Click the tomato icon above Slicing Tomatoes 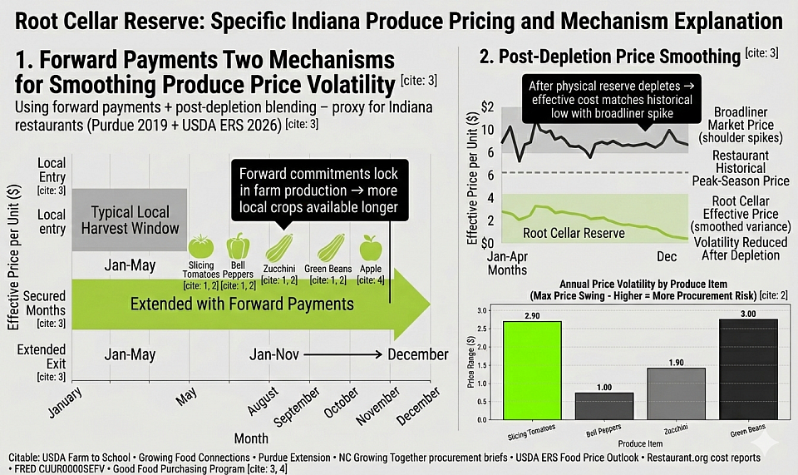pyautogui.click(x=201, y=246)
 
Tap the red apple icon pyautogui.click(x=370, y=247)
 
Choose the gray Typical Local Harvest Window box pyautogui.click(x=129, y=220)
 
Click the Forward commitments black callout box pyautogui.click(x=318, y=190)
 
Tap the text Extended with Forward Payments pyautogui.click(x=242, y=304)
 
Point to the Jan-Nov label pyautogui.click(x=274, y=354)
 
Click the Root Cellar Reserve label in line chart pyautogui.click(x=574, y=233)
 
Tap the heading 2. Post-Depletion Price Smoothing pyautogui.click(x=609, y=57)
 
